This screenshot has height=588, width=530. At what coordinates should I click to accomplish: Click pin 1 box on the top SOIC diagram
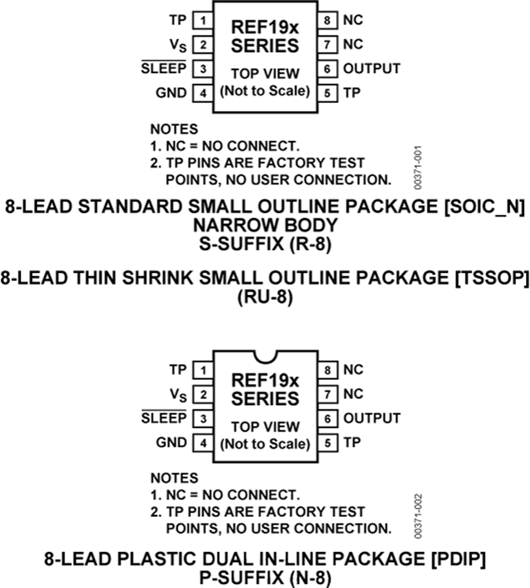pos(203,20)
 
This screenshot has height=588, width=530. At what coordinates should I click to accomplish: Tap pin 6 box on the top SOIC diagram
pos(327,69)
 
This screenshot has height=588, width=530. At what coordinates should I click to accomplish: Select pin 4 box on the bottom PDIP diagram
pos(203,443)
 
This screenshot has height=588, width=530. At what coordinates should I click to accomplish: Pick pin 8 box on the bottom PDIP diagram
pos(328,370)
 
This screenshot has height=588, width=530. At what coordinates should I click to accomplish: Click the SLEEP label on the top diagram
pos(163,68)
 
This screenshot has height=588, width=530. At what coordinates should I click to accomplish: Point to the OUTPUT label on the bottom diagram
pos(372,418)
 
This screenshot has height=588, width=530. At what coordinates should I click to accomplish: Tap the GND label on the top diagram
pos(171,93)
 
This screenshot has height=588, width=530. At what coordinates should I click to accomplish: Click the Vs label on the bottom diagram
pos(178,395)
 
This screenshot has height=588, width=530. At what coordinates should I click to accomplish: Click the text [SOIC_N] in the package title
pos(485,207)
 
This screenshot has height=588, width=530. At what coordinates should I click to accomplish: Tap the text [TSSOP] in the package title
pos(492,278)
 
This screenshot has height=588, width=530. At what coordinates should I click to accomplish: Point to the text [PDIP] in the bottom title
pos(458,559)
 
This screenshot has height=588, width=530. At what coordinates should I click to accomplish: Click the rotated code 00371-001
pos(418,168)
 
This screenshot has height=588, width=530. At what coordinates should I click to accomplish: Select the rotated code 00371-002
pos(418,516)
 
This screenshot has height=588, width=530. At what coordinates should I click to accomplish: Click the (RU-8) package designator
pos(265,298)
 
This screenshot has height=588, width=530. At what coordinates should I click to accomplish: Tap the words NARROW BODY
pos(265,225)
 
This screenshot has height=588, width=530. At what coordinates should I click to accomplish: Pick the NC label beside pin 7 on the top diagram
pos(353,44)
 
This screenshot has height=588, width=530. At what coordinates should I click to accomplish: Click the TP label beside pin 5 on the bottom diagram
pos(352,443)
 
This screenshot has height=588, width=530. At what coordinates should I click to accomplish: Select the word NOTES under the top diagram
pos(174,129)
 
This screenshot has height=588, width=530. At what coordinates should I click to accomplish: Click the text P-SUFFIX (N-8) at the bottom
pos(265,578)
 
